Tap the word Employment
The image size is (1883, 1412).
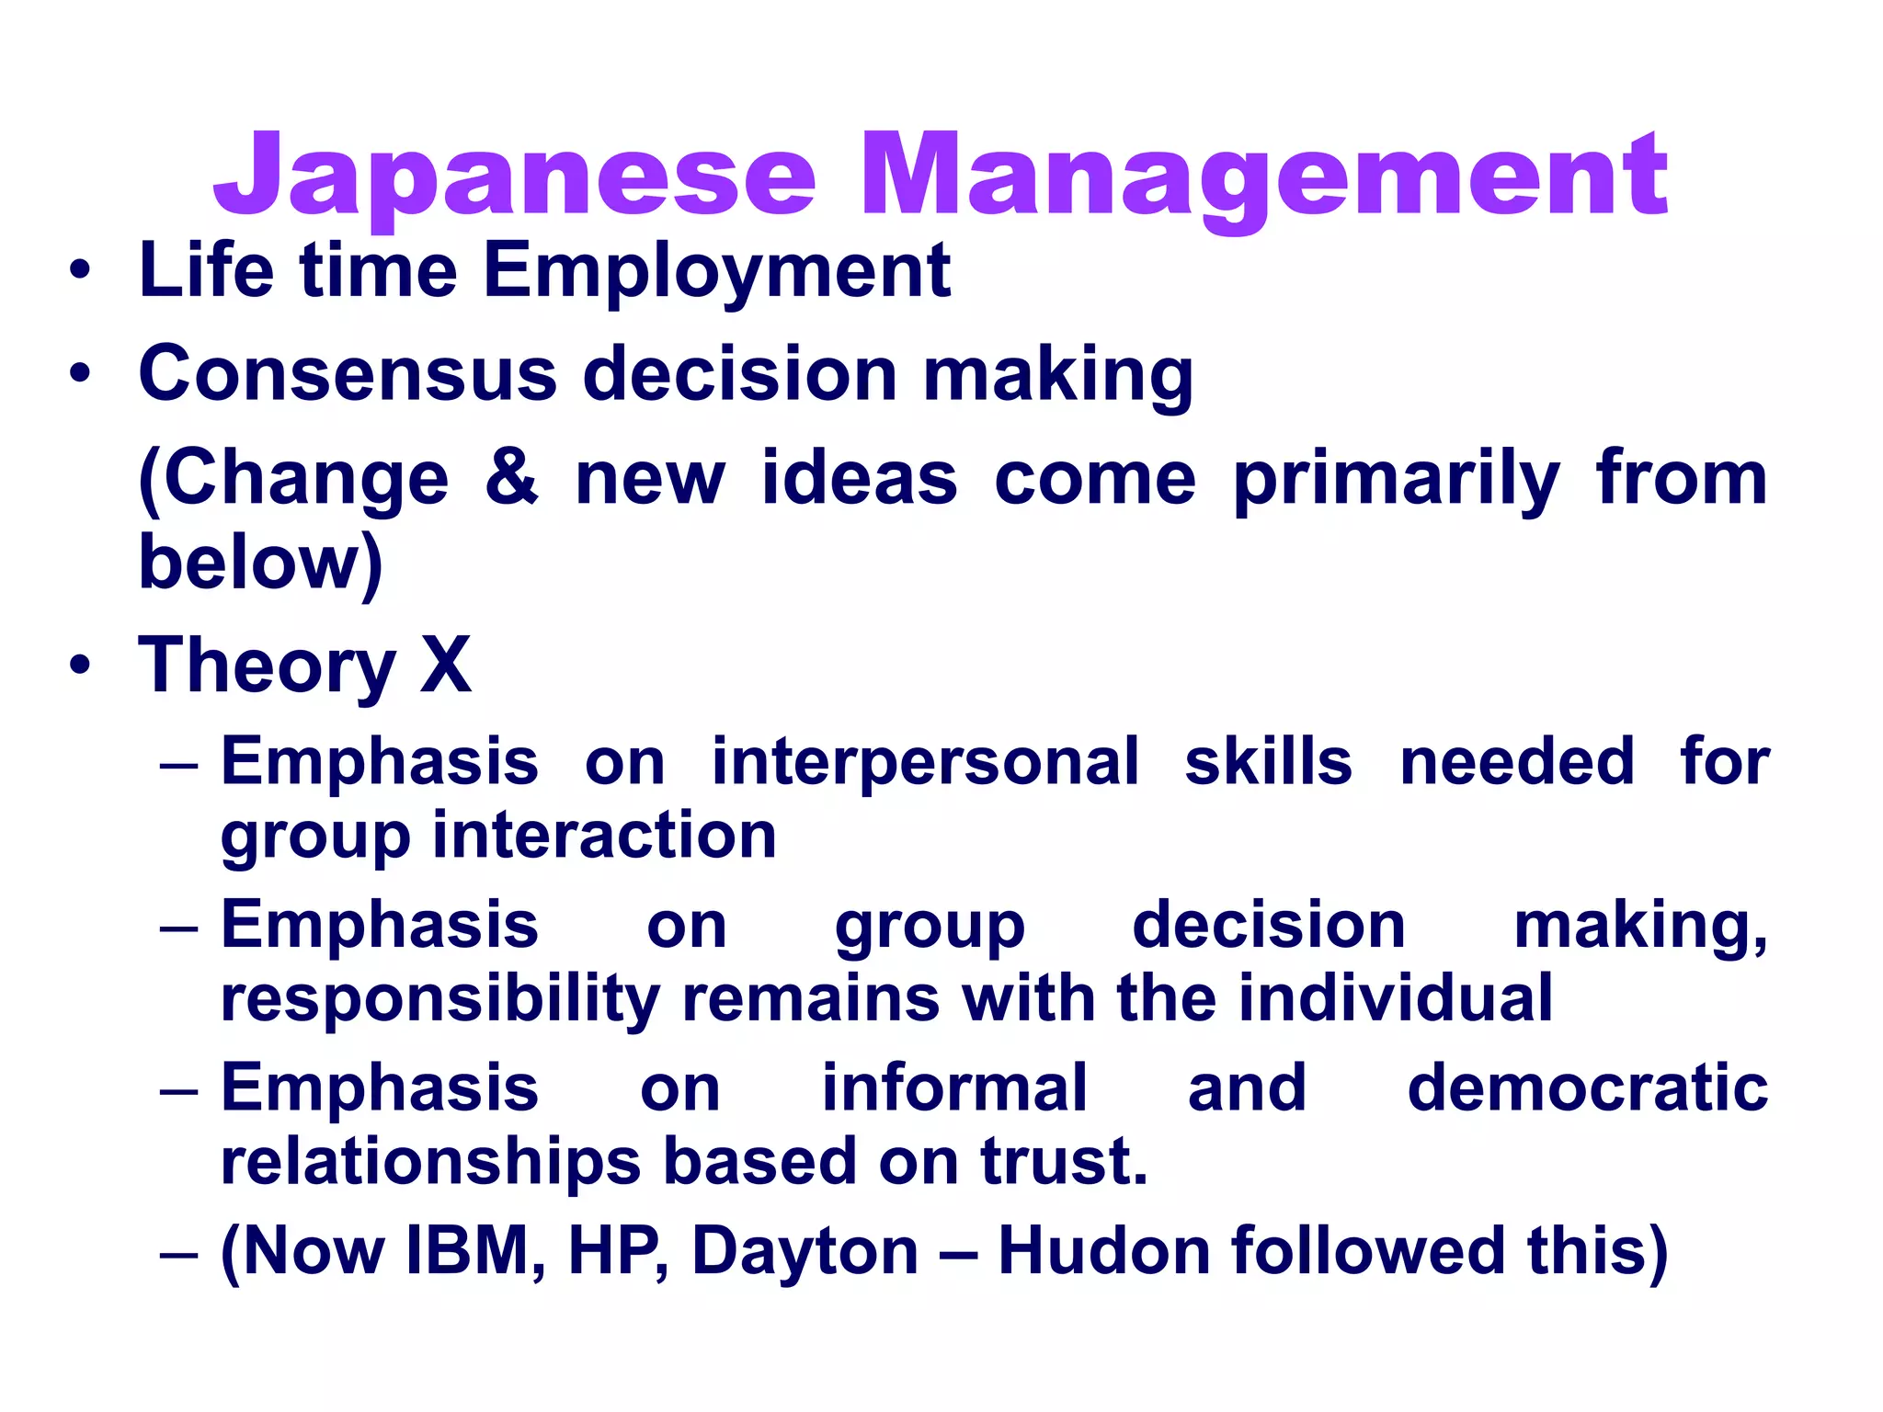[x=717, y=271]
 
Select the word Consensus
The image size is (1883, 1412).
[x=348, y=374]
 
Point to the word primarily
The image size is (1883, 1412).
[x=1396, y=480]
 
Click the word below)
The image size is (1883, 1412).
[x=260, y=563]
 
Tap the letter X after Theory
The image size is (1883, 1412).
[x=446, y=666]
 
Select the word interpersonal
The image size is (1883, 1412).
[x=925, y=762]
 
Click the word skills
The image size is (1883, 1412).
[x=1268, y=762]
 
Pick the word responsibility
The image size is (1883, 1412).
[x=440, y=999]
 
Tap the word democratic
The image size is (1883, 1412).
[x=1588, y=1088]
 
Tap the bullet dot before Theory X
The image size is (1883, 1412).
[x=80, y=666]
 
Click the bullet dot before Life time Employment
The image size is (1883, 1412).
[x=80, y=271]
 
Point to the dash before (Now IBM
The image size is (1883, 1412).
[x=178, y=1254]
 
